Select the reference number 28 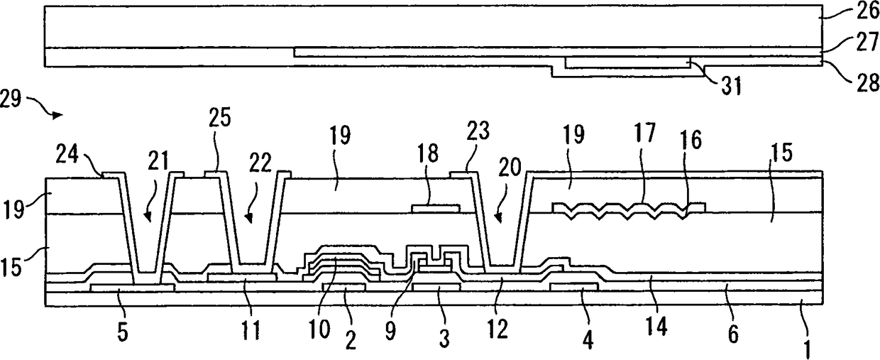(x=867, y=82)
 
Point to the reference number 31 (x=731, y=86)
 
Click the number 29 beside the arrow (x=11, y=99)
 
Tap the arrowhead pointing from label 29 (x=57, y=115)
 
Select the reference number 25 (x=220, y=117)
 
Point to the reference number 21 (x=158, y=161)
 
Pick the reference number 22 (x=260, y=163)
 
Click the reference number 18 (x=428, y=153)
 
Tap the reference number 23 (x=478, y=131)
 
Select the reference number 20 (x=510, y=167)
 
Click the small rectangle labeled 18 (x=436, y=208)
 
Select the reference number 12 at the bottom (x=498, y=329)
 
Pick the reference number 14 (x=657, y=326)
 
